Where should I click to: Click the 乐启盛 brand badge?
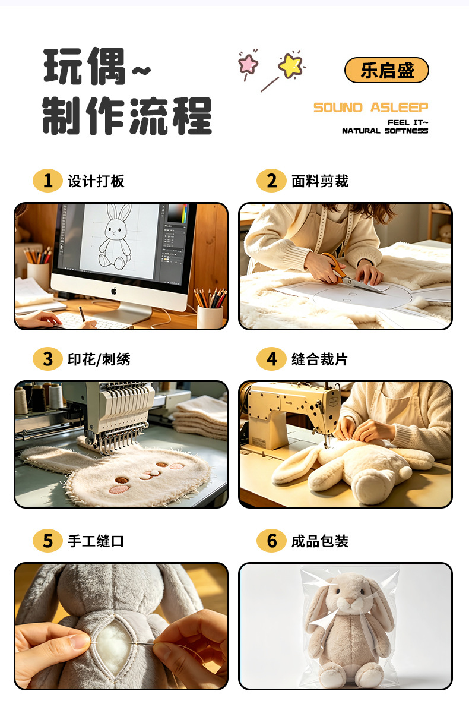[x=386, y=70]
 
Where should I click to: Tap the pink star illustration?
[x=248, y=64]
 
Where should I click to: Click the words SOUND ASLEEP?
[x=370, y=108]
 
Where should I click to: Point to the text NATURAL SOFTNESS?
[x=385, y=131]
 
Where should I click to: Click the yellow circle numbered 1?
[x=47, y=181]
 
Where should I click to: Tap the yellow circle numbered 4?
[x=271, y=359]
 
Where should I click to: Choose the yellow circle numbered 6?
[x=271, y=541]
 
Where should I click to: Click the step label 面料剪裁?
[x=320, y=181]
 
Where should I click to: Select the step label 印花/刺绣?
[x=99, y=359]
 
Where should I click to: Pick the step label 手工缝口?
[x=96, y=541]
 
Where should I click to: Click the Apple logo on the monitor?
[x=114, y=291]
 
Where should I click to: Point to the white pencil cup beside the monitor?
[x=210, y=316]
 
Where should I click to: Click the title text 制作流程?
[x=127, y=116]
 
